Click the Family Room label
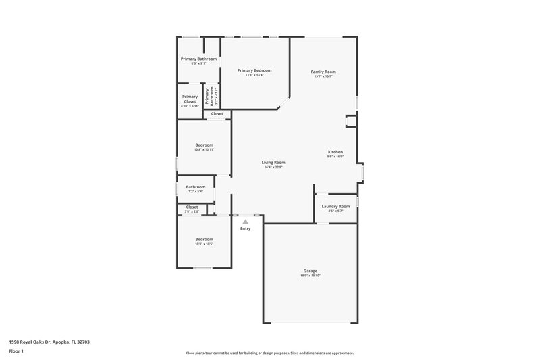[x=323, y=72]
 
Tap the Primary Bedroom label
[x=254, y=70]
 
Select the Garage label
[x=310, y=271]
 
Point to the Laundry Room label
[x=335, y=206]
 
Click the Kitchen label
[x=335, y=152]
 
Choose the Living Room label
[x=273, y=162]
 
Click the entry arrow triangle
[x=246, y=221]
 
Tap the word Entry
[x=246, y=228]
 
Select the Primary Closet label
[x=190, y=99]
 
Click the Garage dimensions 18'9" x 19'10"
[x=310, y=276]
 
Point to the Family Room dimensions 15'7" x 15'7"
[x=323, y=76]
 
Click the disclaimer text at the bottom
[x=269, y=353]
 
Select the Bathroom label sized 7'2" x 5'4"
[x=196, y=187]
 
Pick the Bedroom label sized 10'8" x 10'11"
[x=204, y=145]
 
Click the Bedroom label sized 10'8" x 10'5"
[x=204, y=239]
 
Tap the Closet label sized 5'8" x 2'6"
[x=192, y=207]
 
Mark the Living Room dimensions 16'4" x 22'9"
[x=273, y=167]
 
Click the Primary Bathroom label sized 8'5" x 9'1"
[x=198, y=59]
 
